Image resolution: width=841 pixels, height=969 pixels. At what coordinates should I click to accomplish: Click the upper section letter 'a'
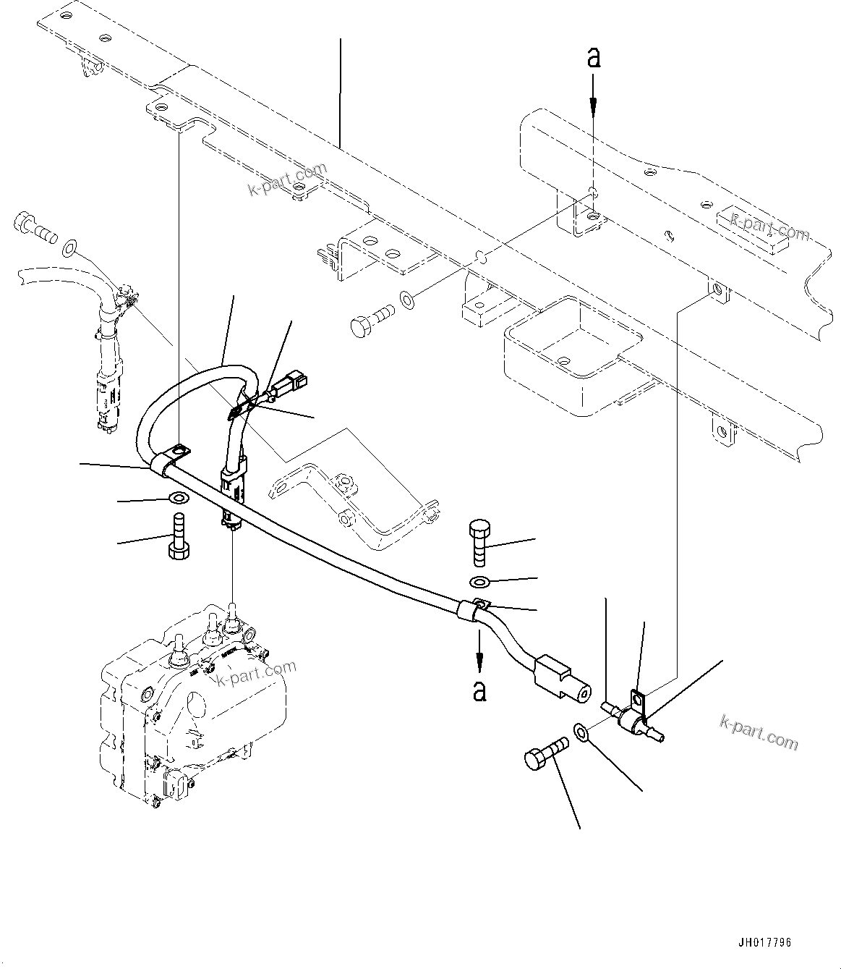click(593, 58)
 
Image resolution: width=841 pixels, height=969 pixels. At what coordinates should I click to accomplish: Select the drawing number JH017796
click(764, 943)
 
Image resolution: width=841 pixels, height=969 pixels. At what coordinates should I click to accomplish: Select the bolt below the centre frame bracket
click(370, 318)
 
